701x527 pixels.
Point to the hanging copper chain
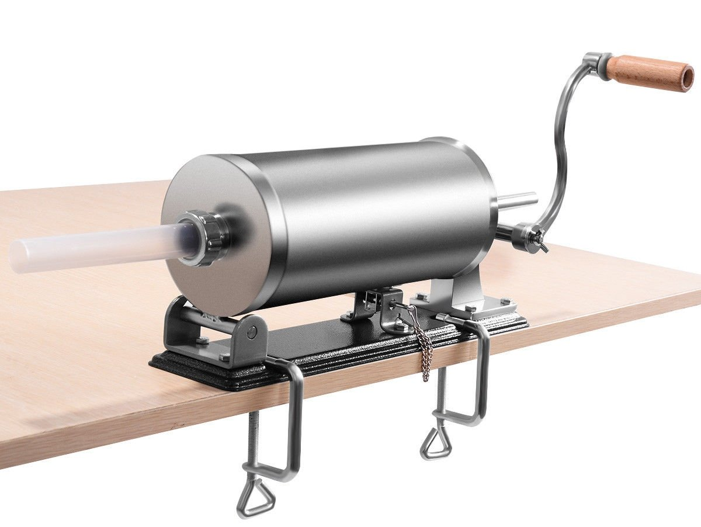click(x=424, y=351)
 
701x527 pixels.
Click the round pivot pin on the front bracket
click(x=251, y=332)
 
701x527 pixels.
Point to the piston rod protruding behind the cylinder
click(x=517, y=200)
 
